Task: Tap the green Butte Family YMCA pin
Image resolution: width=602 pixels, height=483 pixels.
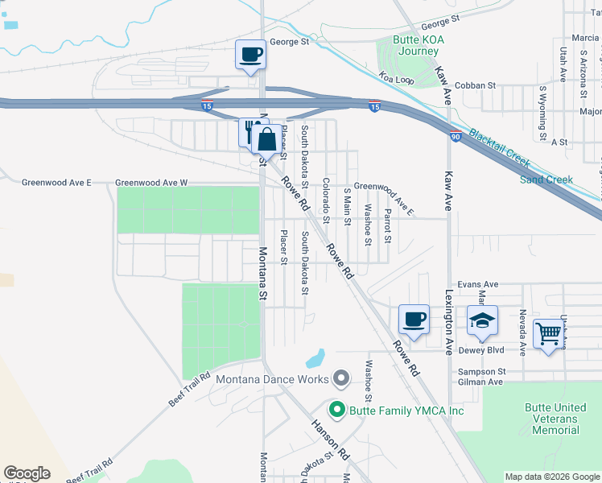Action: (x=338, y=410)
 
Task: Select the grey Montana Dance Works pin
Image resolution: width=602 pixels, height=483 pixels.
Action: (x=341, y=378)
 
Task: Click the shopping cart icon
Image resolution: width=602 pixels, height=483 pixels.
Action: (x=548, y=332)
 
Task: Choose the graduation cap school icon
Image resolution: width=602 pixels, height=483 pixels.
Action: (x=482, y=320)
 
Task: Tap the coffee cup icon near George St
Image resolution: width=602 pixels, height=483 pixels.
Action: (x=250, y=55)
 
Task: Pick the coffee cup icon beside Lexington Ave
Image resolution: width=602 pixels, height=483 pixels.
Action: (x=414, y=320)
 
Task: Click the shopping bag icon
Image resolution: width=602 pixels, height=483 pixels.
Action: (x=266, y=139)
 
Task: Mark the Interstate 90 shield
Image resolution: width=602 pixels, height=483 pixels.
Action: (x=456, y=136)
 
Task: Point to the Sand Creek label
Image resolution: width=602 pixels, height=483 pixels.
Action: (x=546, y=180)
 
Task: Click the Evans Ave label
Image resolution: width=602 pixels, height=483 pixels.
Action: (x=478, y=284)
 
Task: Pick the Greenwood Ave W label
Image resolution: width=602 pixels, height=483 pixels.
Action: (x=151, y=183)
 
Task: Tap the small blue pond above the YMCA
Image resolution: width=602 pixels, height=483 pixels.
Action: (x=315, y=357)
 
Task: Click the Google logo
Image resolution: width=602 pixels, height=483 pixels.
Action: (x=27, y=473)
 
